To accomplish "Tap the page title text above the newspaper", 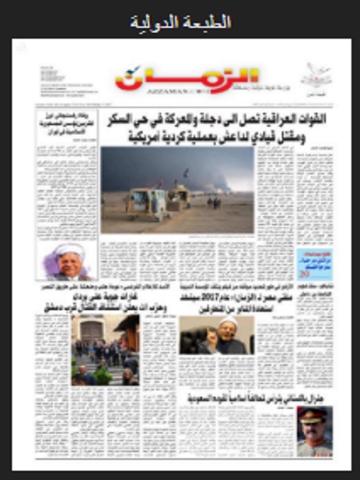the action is tap(180, 22).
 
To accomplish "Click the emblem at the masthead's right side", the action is tap(316, 76).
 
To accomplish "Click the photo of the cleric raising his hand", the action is tap(216, 335).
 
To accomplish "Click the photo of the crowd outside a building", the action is tap(105, 349).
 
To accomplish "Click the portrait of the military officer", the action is tap(314, 431).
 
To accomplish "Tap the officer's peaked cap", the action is tap(312, 414).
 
